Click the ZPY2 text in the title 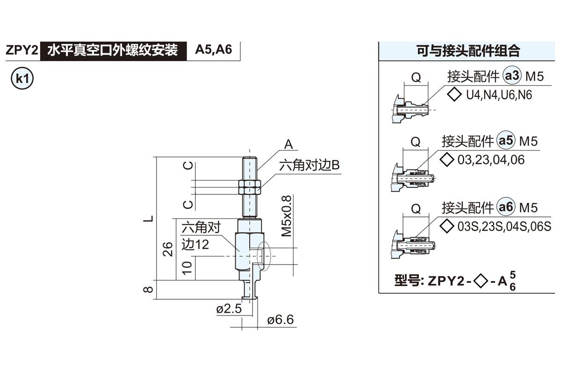[x=21, y=50]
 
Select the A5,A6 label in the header [x=213, y=50]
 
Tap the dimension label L [x=148, y=219]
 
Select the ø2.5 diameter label [x=229, y=309]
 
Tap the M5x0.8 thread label [x=287, y=216]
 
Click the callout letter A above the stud [x=288, y=144]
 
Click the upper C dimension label [x=187, y=165]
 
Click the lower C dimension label [x=187, y=204]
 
